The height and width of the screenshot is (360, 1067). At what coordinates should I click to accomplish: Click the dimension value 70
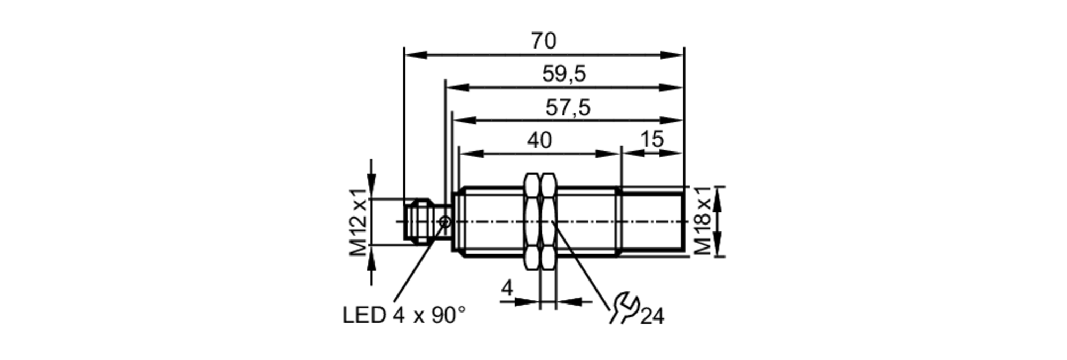[543, 41]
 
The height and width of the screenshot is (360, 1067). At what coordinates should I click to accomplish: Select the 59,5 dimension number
[564, 74]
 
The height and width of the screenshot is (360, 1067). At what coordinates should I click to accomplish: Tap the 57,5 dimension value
[568, 108]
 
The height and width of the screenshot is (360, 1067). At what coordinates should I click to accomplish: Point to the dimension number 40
[539, 141]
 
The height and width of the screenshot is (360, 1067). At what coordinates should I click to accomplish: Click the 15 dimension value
[651, 140]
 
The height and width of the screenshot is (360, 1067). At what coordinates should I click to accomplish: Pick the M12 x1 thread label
[359, 222]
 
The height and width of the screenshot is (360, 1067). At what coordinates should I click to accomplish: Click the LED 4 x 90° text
[404, 316]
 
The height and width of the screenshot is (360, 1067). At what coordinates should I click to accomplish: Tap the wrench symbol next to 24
[624, 308]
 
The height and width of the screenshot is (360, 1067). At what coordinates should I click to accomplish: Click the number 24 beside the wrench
[652, 317]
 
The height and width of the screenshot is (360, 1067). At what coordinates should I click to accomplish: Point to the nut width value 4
[507, 289]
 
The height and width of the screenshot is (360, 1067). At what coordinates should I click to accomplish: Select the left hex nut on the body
[532, 221]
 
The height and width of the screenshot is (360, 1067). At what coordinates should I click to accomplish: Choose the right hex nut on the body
[548, 221]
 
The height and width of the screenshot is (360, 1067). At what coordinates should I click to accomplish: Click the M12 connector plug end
[417, 221]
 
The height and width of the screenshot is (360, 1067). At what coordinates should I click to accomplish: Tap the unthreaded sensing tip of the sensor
[652, 221]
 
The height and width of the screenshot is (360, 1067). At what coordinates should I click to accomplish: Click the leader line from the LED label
[416, 267]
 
